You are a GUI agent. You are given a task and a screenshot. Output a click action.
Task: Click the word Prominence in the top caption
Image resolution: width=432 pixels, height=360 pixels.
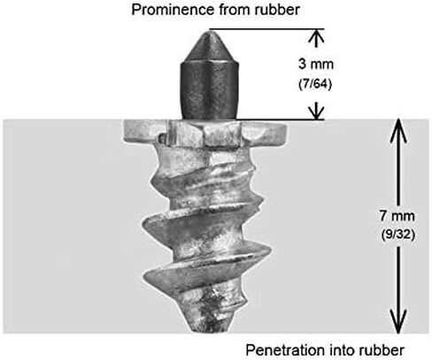(x=173, y=10)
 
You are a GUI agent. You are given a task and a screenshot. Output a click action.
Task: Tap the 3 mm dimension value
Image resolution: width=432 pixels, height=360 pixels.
(x=316, y=64)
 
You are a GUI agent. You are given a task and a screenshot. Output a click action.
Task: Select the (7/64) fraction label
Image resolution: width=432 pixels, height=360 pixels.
(x=315, y=84)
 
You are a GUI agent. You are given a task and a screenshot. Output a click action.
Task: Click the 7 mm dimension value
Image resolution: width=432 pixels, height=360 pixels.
(x=397, y=216)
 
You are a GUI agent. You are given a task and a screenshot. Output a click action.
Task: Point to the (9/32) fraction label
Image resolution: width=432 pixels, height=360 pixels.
(x=398, y=234)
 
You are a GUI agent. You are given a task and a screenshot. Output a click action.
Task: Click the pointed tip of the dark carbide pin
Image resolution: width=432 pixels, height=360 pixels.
(x=209, y=32)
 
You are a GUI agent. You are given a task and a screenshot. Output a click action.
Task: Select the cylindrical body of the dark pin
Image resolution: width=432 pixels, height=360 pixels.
(x=209, y=90)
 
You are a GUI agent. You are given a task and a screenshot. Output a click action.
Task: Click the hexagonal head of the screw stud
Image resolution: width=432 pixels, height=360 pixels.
(x=204, y=134)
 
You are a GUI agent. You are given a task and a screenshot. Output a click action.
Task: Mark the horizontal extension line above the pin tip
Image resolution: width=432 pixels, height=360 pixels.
(x=267, y=29)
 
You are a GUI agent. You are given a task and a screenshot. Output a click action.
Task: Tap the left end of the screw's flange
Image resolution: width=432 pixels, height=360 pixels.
(x=125, y=133)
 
